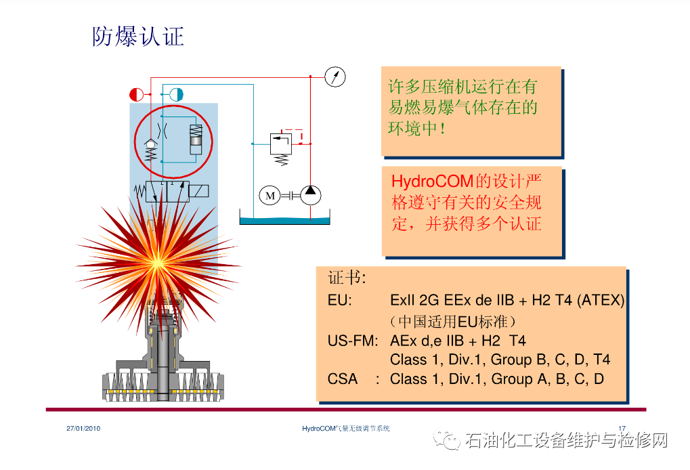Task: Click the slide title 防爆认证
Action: coord(138,36)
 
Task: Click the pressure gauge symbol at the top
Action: coord(335,77)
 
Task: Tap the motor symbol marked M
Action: coord(270,196)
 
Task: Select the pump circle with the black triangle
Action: coord(311,195)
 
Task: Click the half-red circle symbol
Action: coord(136,95)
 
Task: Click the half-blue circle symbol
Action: coord(176,95)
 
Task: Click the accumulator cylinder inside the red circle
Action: coord(196,140)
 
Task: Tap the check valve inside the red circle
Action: coord(150,144)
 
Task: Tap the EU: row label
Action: coord(339,300)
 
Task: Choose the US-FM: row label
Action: coord(352,340)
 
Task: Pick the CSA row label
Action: coord(343,379)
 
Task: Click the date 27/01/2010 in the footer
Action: coord(83,429)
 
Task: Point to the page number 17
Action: coord(622,428)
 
